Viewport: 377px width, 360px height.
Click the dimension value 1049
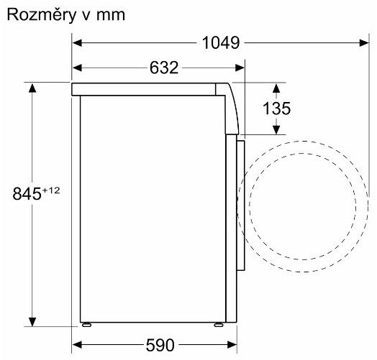click(221, 43)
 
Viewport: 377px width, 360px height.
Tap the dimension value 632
click(164, 68)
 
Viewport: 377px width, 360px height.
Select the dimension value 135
click(276, 109)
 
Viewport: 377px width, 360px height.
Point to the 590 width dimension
click(160, 345)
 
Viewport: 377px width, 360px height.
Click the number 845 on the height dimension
click(27, 194)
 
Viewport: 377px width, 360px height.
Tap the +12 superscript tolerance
click(51, 190)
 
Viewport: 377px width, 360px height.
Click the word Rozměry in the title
click(42, 15)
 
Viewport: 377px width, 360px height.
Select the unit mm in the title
click(111, 16)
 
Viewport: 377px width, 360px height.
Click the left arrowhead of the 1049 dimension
click(77, 43)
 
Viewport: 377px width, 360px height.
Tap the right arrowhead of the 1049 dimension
click(364, 43)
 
